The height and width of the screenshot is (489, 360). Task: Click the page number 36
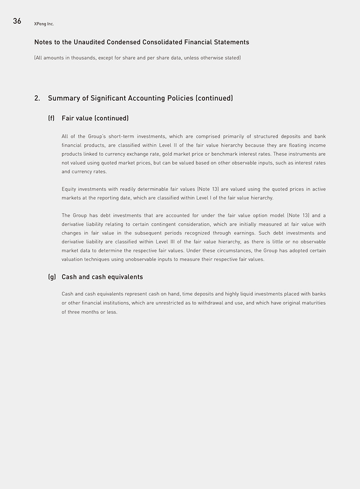17,21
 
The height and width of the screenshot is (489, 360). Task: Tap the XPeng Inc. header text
44,24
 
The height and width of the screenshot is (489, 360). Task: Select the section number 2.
37,98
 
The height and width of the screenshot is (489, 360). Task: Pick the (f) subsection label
51,119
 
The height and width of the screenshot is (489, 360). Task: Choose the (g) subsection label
52,277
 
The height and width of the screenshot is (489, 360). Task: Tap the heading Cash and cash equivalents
102,277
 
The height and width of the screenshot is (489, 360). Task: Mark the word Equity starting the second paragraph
69,189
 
